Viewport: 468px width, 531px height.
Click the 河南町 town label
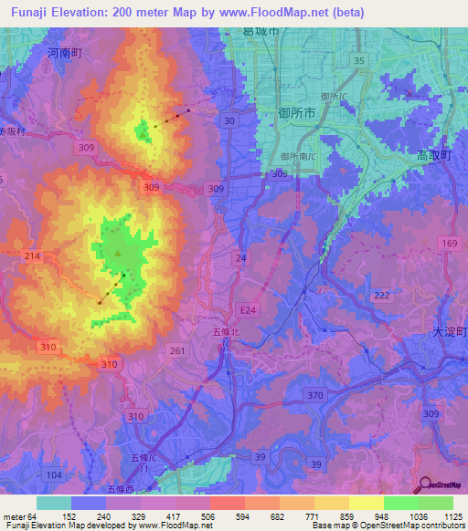[x=64, y=54]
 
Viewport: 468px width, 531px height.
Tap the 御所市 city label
[x=296, y=112]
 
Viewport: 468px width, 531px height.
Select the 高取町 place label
[x=433, y=156]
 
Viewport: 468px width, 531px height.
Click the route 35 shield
[x=359, y=61]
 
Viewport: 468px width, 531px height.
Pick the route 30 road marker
[x=229, y=120]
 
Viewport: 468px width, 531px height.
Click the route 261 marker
[x=179, y=349]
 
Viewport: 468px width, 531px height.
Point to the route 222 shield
[x=382, y=295]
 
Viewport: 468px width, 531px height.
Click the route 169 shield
[x=448, y=243]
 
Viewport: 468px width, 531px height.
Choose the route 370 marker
[x=316, y=394]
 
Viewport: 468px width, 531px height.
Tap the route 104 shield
[x=55, y=476]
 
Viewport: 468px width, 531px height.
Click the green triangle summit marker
[x=118, y=253]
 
